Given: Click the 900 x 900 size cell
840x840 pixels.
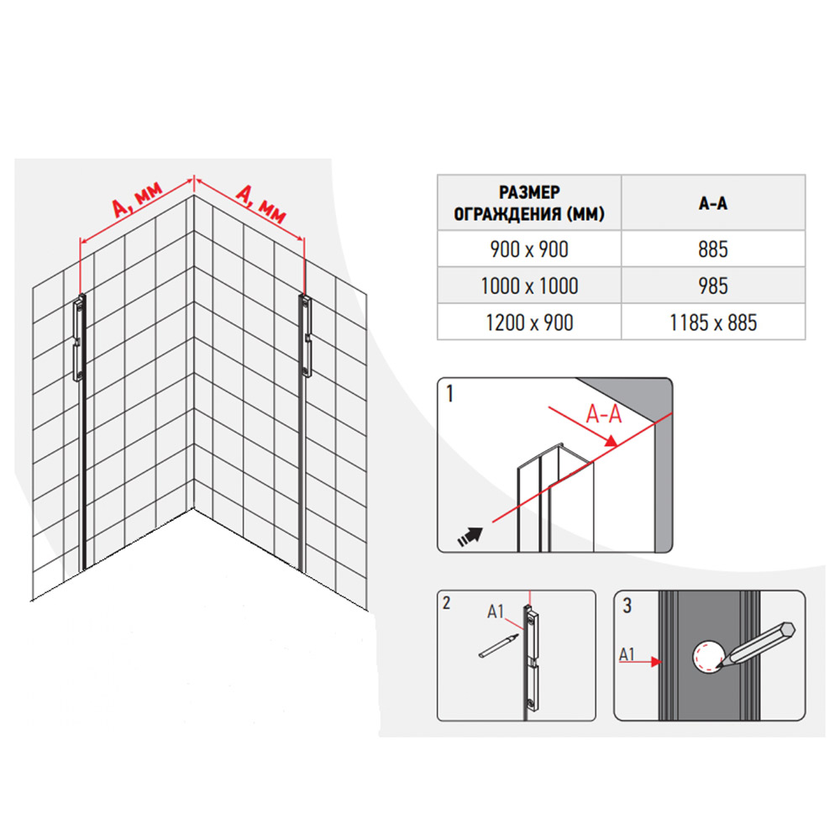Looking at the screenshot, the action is coord(529,249).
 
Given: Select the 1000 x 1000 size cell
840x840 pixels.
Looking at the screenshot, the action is coord(529,286).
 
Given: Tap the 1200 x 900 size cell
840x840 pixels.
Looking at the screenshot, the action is coord(529,323).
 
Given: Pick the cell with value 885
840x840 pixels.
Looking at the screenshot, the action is coord(713,249).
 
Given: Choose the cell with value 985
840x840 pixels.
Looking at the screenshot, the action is coord(713,286).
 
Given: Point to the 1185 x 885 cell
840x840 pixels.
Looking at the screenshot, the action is coord(713,323).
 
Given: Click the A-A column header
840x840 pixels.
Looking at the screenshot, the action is coord(713,203).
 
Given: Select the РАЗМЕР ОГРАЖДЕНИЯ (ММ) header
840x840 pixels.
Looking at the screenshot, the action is coord(529,203).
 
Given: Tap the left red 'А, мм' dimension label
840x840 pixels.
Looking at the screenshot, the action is coord(137,201).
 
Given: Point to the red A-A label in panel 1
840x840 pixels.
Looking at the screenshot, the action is coord(604,414).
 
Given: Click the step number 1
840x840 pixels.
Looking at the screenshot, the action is coord(450,394).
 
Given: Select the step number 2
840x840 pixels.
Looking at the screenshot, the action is coord(447,603).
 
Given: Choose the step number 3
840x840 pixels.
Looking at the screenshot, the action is coord(627,606).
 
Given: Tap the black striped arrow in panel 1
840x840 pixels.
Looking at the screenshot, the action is coord(470,536).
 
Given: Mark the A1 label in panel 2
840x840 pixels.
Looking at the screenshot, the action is coord(496,612).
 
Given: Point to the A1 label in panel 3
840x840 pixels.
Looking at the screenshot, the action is coord(627,654).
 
